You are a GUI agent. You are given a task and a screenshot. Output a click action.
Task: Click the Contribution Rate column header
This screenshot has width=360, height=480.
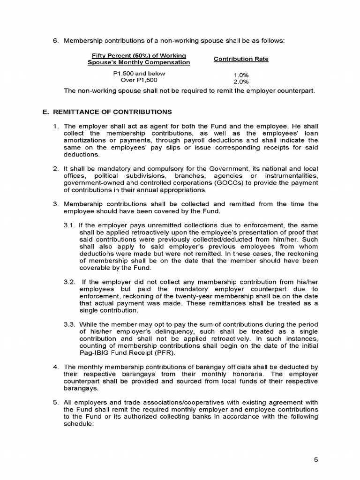point(241,59)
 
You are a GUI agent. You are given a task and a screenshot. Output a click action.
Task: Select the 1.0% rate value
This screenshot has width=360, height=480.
point(240,75)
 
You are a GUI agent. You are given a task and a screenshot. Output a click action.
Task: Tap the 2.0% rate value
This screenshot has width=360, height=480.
point(240,82)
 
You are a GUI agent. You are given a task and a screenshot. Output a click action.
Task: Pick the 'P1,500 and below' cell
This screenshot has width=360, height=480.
point(139,74)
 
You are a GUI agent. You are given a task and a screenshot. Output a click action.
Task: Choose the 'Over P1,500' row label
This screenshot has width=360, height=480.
point(139,80)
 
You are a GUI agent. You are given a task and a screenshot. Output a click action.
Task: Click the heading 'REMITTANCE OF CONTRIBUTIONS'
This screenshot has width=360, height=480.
point(112,112)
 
